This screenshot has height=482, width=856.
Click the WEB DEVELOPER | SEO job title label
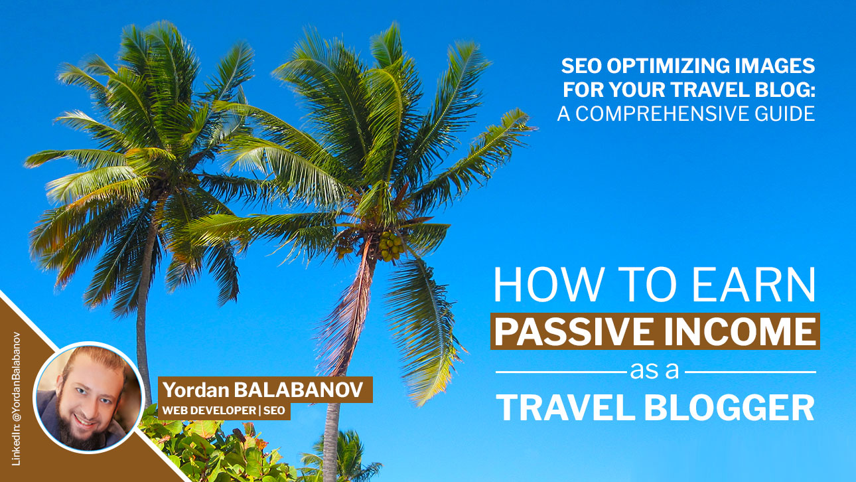point(224,411)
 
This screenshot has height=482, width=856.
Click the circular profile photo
point(88,398)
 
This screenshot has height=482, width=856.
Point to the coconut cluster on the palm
point(390,246)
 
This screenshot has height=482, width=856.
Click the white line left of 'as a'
point(561,372)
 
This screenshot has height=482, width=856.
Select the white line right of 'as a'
point(750,372)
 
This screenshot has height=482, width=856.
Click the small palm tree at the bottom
point(345,455)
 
